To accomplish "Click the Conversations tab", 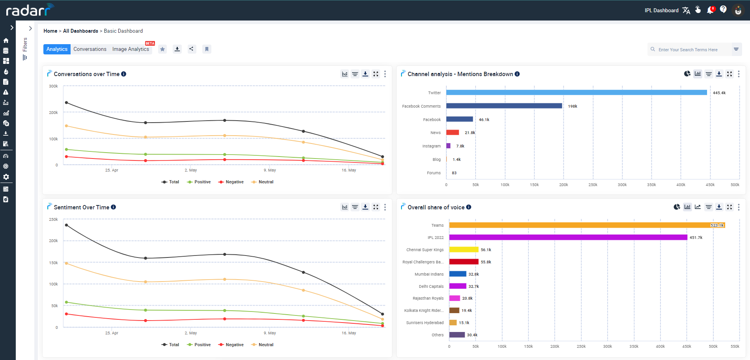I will (90, 49).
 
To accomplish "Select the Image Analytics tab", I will (131, 49).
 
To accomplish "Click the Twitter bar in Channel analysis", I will (576, 93).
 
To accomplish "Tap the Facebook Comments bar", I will (504, 106).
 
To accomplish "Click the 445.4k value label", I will (719, 93).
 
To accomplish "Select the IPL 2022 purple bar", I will (568, 237).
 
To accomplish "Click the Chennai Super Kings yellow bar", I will (464, 250).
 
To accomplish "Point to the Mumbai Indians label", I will (429, 274).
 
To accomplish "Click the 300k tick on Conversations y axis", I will (53, 86).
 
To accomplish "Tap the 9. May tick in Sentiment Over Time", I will (270, 333).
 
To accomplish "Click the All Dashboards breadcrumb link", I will (80, 31).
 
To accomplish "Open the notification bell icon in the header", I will (710, 10).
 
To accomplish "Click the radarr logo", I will (28, 10).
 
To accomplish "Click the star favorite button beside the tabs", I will (162, 49).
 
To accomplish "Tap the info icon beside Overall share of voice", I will (469, 207).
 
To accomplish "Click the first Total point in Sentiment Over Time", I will (66, 225).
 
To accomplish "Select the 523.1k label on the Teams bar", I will (717, 225).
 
